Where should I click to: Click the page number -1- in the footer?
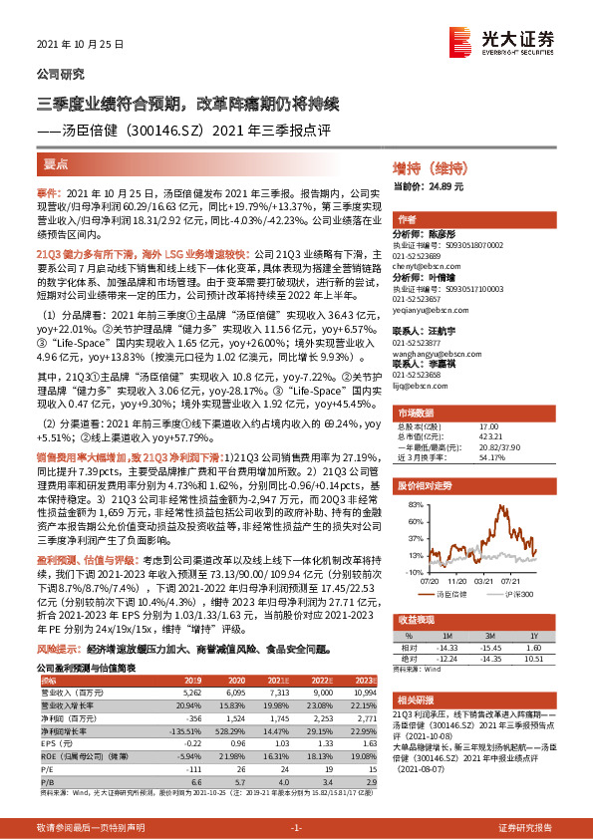click(296, 828)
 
